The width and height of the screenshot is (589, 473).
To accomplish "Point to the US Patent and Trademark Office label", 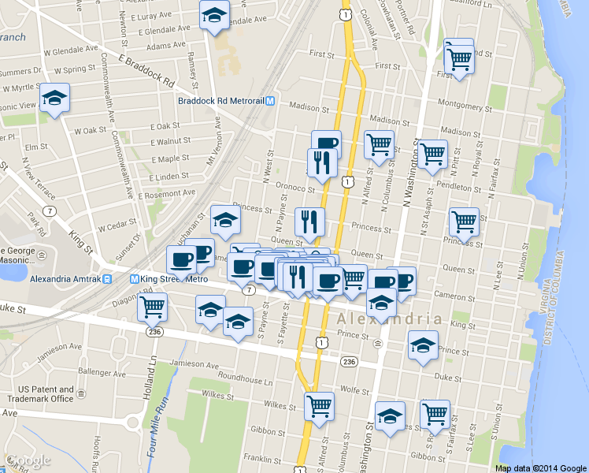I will coord(46,394).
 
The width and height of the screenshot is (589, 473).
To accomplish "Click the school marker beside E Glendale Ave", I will coord(214,17).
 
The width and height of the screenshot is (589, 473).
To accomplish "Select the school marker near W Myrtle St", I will coord(54,99).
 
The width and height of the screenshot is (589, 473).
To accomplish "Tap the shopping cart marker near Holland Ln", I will coord(152,307).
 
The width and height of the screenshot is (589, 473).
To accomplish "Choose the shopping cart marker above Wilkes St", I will coord(319,406).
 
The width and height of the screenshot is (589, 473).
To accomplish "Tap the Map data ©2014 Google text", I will coord(541,467).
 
